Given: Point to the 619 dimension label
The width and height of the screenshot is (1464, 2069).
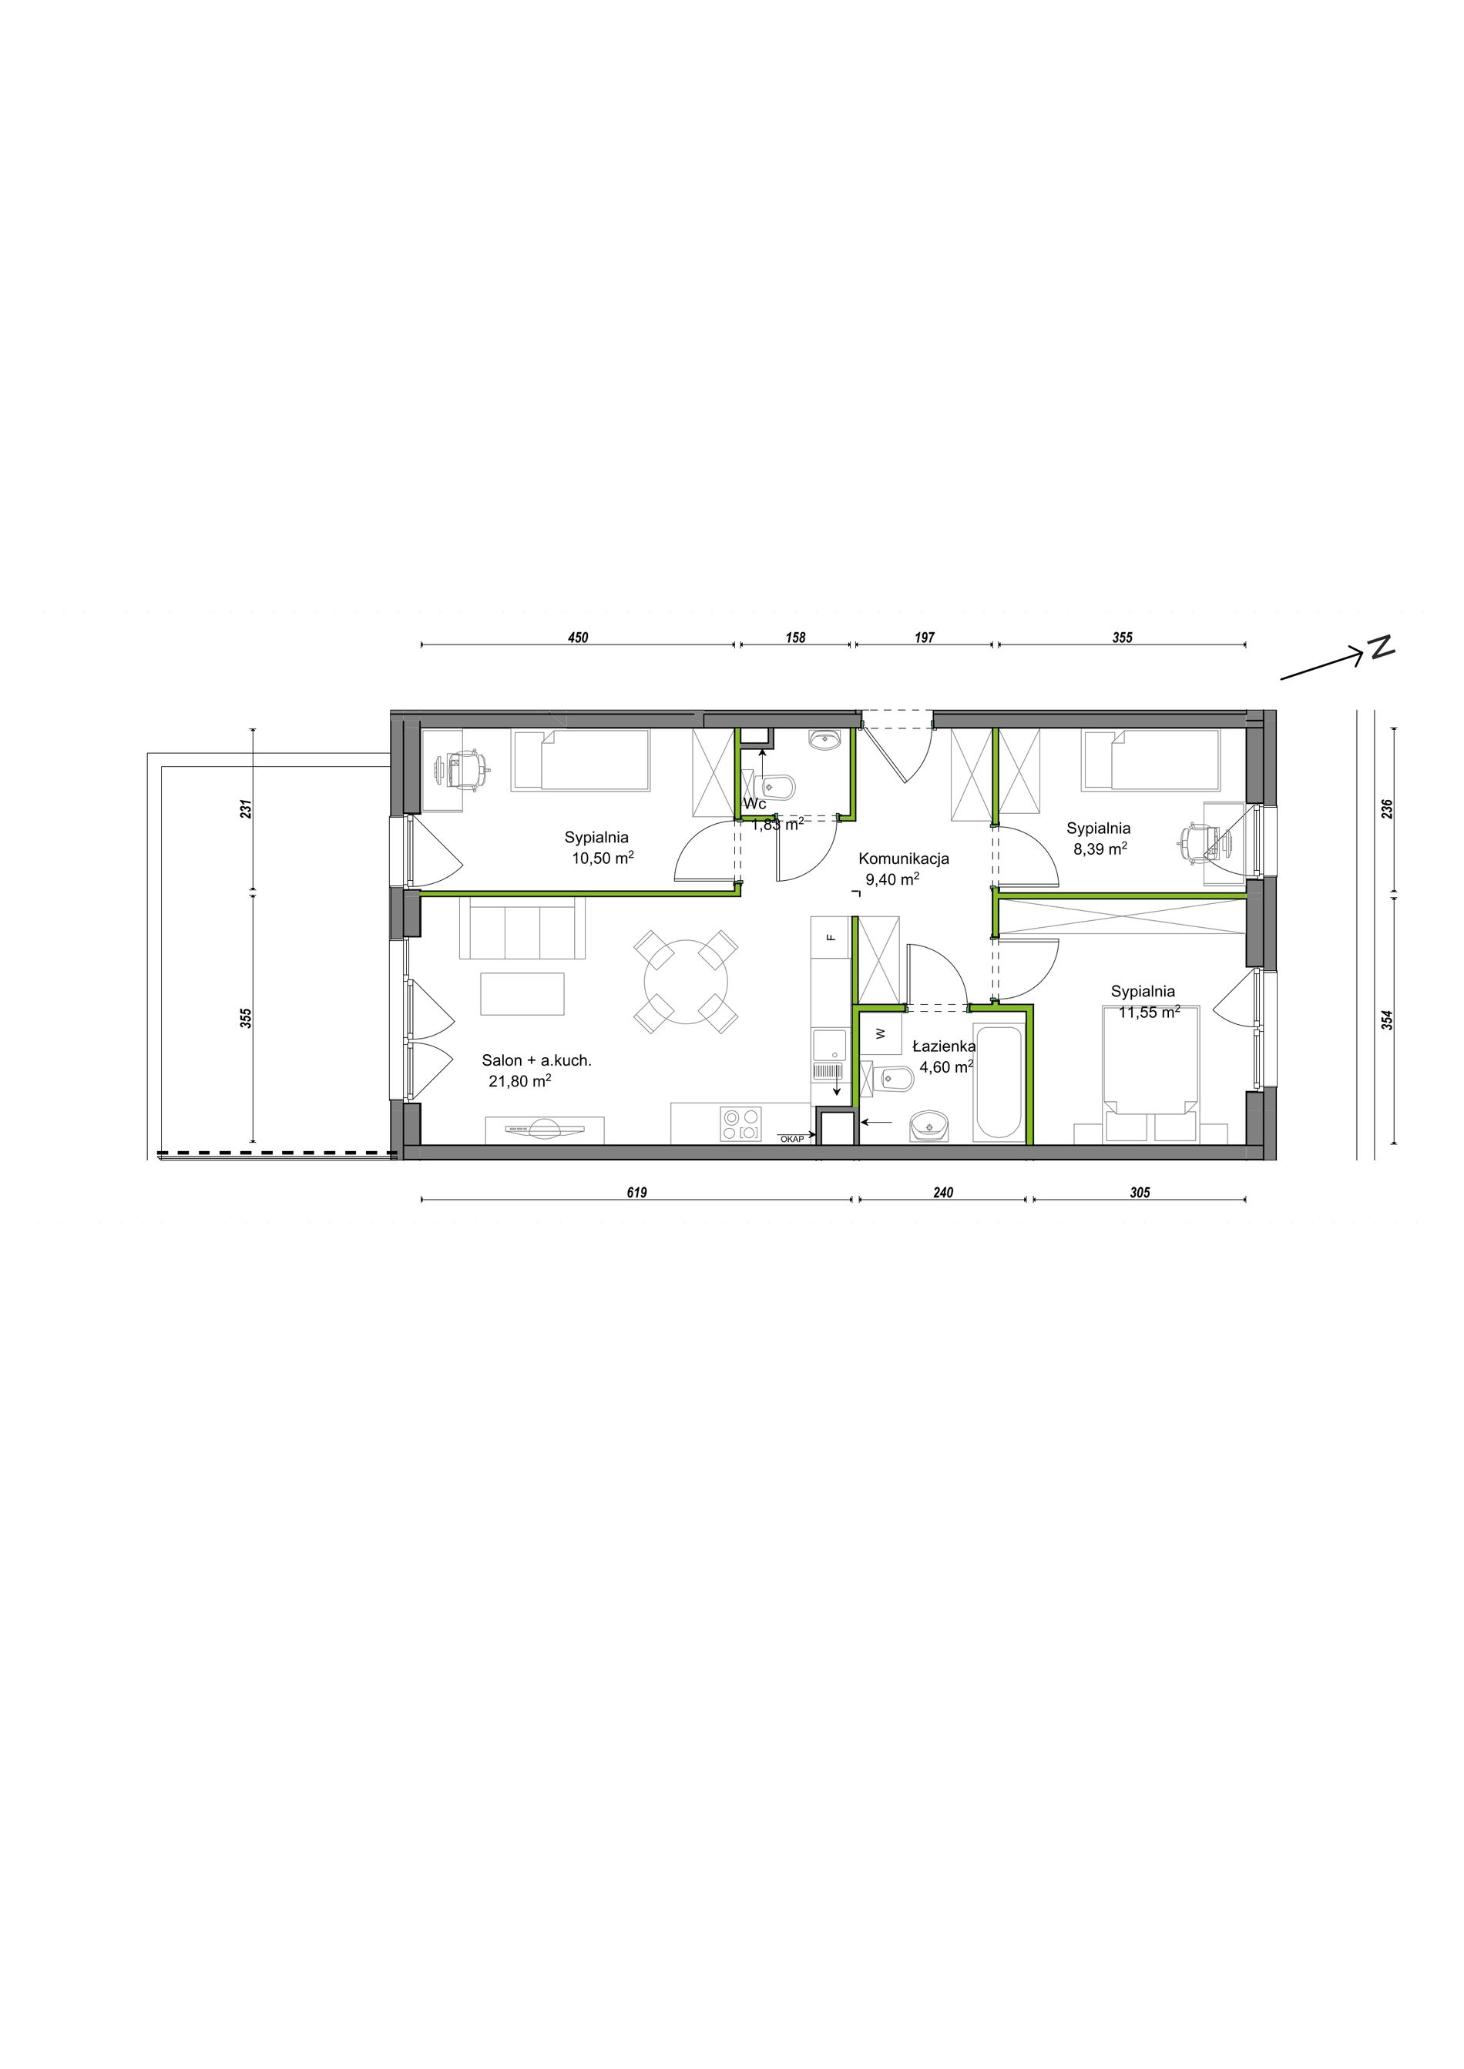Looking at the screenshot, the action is [636, 1193].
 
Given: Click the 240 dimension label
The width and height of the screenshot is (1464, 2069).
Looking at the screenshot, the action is [943, 1193].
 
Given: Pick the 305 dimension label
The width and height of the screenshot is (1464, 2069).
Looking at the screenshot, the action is [1140, 1193].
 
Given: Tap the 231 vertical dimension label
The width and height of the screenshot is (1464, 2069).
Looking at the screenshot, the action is [246, 809].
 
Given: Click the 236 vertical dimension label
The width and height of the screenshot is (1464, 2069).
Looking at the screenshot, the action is [1388, 809].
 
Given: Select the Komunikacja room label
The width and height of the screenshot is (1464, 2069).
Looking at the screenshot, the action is [903, 859].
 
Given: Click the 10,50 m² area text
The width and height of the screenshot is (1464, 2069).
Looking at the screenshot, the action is [603, 858].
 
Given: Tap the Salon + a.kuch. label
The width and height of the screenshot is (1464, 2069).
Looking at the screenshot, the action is [536, 1060].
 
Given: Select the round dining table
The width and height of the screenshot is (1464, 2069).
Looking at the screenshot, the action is [685, 983].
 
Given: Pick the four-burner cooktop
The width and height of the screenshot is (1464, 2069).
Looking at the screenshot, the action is [739, 1125].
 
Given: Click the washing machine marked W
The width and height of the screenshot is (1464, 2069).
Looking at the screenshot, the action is [880, 1033].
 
